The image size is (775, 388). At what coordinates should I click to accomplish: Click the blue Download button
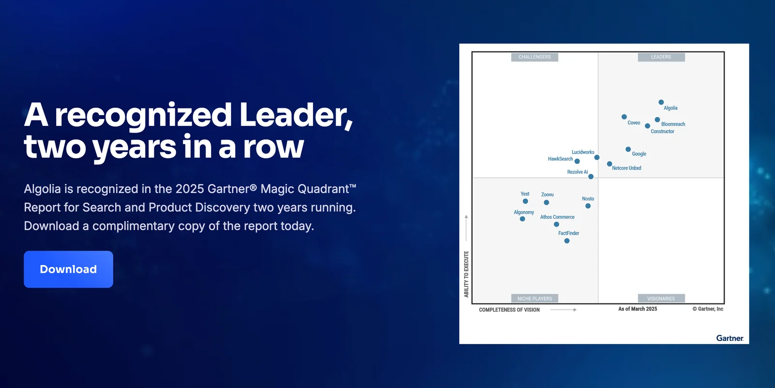(x=68, y=269)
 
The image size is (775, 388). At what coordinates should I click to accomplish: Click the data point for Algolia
(x=661, y=102)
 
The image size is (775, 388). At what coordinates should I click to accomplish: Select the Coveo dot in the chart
(x=624, y=117)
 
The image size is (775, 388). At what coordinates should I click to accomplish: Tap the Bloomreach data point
(x=657, y=119)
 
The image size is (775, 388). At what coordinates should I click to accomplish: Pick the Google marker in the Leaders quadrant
(x=628, y=149)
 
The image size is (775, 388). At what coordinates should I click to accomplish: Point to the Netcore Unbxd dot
(x=609, y=164)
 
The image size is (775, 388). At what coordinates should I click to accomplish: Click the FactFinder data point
(x=567, y=241)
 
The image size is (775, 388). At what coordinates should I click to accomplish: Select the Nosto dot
(x=588, y=206)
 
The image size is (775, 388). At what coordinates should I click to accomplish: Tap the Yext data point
(x=525, y=201)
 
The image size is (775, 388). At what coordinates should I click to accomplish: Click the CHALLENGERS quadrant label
(x=535, y=57)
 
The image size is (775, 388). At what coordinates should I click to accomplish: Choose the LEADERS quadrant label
(x=661, y=57)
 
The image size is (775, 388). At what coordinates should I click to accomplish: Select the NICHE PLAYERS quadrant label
(x=535, y=298)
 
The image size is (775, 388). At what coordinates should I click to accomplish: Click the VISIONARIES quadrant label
(x=661, y=298)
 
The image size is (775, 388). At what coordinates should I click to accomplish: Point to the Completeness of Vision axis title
(x=509, y=310)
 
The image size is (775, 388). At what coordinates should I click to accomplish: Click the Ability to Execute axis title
(x=466, y=274)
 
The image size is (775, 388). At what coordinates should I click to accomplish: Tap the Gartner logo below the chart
(x=729, y=338)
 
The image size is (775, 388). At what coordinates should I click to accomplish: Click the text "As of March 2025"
(x=637, y=309)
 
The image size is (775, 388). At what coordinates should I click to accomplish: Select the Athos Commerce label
(x=558, y=217)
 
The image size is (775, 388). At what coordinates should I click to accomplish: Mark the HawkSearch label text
(x=560, y=159)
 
